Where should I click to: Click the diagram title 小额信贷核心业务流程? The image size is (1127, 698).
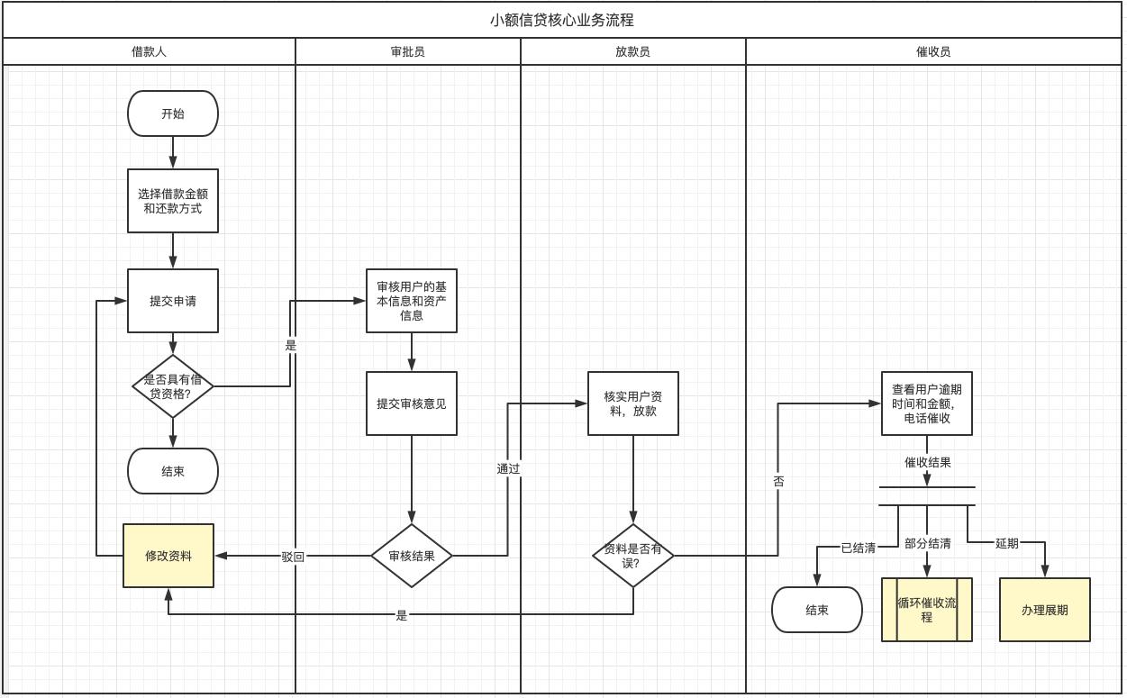tap(562, 20)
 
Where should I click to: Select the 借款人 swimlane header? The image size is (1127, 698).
tap(149, 51)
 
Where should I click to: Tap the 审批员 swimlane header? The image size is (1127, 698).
tap(407, 51)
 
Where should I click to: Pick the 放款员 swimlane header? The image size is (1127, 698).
tap(632, 51)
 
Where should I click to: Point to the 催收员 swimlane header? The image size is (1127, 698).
tap(932, 51)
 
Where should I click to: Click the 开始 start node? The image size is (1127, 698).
tap(173, 113)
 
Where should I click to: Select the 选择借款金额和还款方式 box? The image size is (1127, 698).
tap(173, 201)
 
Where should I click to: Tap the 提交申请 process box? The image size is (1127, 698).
tap(173, 301)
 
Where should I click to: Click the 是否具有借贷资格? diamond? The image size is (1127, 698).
tap(173, 386)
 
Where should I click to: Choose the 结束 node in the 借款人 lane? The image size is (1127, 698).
tap(173, 471)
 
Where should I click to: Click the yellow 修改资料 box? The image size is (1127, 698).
tap(168, 556)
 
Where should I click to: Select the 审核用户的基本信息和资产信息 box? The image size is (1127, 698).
tap(412, 301)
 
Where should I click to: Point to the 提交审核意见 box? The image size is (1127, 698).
tap(412, 403)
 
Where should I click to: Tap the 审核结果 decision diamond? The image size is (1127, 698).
tap(412, 556)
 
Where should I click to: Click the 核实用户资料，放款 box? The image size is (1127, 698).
tap(633, 403)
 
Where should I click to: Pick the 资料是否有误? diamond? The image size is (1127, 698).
tap(633, 556)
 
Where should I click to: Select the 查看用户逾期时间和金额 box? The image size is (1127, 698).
tap(927, 403)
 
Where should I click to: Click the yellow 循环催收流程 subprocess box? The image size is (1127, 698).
tap(927, 610)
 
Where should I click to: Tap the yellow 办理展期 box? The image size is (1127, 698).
tap(1045, 610)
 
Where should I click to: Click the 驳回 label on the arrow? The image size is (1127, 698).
tap(293, 557)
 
